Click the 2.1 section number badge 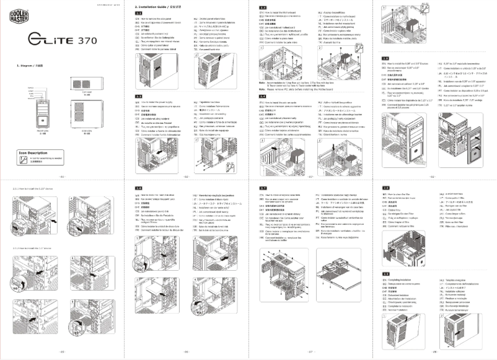139,13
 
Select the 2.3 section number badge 263,6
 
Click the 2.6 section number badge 139,187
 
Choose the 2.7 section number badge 263,187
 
